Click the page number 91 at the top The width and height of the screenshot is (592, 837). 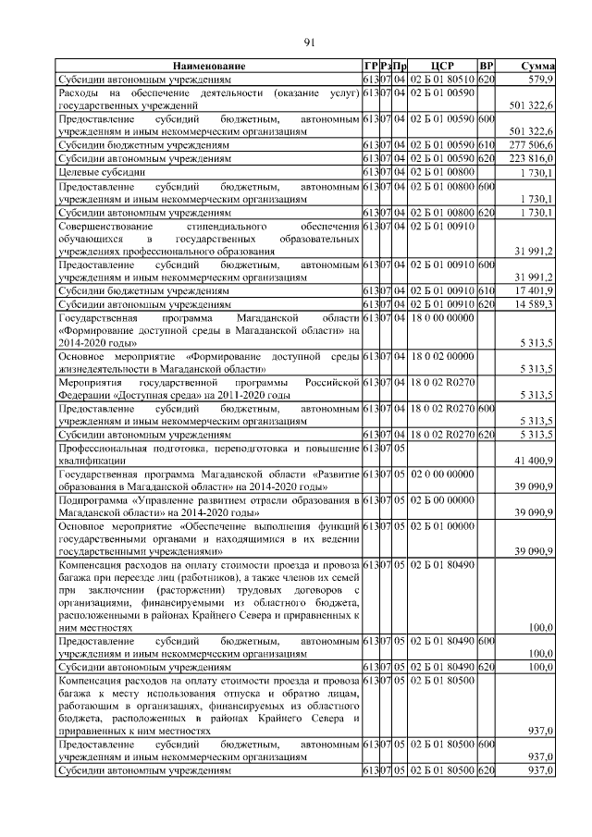(310, 41)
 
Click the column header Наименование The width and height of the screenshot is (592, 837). (208, 67)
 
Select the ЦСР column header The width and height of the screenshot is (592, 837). (441, 67)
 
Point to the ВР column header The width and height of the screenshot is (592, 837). (487, 67)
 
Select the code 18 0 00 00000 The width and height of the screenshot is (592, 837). (441, 317)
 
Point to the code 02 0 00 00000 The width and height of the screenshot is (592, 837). (441, 473)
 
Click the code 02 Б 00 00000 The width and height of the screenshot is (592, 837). (441, 499)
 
